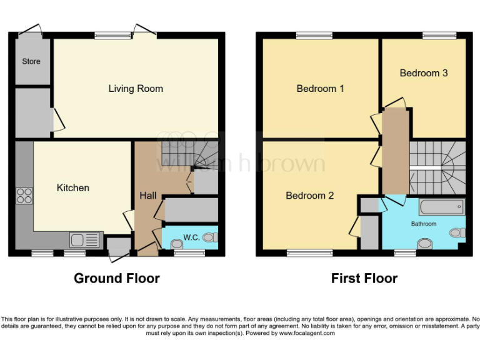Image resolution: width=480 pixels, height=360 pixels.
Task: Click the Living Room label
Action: [x=136, y=89]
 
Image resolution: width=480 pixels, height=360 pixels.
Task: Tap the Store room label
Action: [x=31, y=61]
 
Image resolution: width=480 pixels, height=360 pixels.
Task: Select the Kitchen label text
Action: [x=73, y=187]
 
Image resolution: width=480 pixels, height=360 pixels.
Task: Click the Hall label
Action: [x=148, y=196]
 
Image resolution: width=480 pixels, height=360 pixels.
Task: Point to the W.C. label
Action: [x=191, y=237]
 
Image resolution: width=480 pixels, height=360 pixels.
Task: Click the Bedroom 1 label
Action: [x=320, y=89]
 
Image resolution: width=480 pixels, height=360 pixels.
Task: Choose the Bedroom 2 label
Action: [x=309, y=196]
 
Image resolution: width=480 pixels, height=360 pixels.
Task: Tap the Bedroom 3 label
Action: [x=424, y=73]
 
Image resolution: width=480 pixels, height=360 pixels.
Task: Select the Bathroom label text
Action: [x=423, y=223]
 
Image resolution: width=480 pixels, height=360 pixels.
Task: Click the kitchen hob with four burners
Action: [x=24, y=196]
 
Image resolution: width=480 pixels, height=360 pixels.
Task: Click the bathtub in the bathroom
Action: [x=442, y=207]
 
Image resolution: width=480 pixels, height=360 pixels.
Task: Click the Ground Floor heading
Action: [x=117, y=278]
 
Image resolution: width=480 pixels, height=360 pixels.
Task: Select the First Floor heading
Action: [x=364, y=278]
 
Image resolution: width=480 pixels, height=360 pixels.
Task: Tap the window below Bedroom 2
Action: [x=309, y=253]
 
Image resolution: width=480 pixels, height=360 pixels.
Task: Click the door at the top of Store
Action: [x=31, y=31]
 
